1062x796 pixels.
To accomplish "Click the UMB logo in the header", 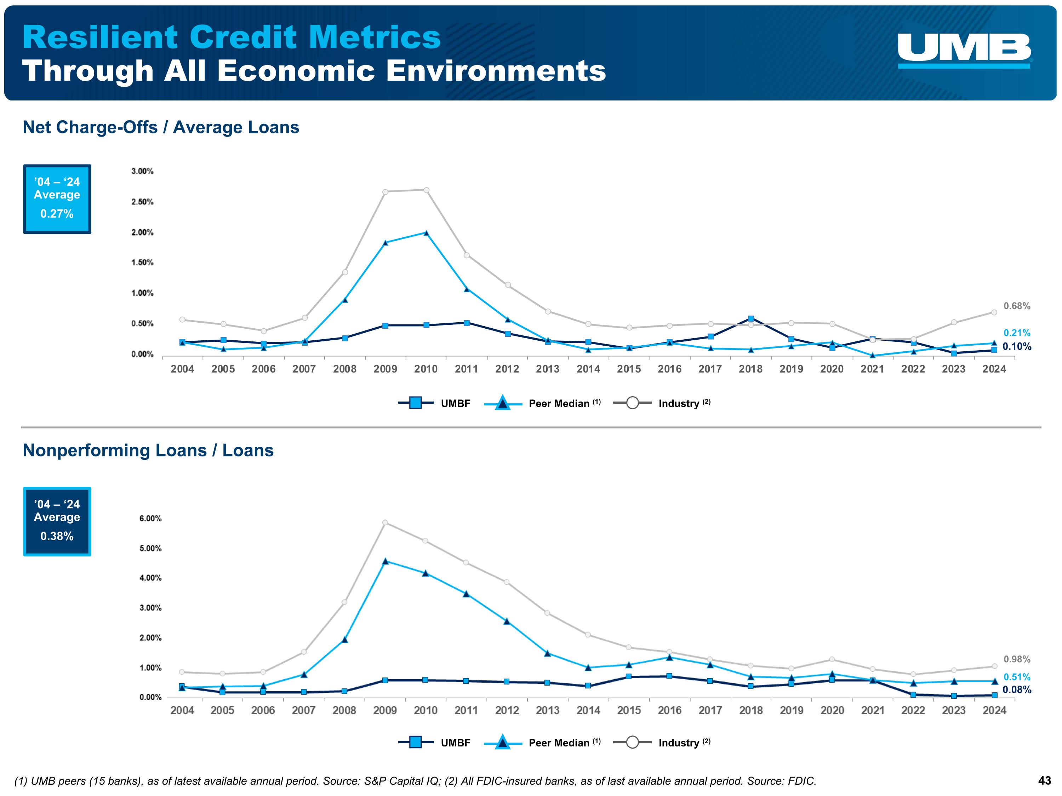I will [x=964, y=50].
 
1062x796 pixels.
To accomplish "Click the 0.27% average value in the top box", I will [x=57, y=214].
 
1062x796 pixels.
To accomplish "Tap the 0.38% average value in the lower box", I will [x=57, y=536].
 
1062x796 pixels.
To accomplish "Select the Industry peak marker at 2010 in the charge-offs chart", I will [x=426, y=190].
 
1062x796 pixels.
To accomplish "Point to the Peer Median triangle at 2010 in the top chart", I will [x=426, y=233].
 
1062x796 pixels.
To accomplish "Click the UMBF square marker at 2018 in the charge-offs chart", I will [x=751, y=319].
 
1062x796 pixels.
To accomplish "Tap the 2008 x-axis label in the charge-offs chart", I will [x=345, y=369].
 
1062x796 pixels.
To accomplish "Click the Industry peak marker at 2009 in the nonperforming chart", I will [x=385, y=523].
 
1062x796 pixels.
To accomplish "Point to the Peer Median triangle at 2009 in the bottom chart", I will [x=385, y=561].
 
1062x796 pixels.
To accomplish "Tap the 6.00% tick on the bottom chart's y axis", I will [x=150, y=519].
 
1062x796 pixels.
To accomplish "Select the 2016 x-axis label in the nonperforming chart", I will [x=669, y=711].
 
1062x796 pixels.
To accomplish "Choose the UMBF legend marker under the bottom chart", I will [x=416, y=743].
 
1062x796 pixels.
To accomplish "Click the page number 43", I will [x=1044, y=781].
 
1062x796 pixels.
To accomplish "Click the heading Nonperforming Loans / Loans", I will [x=148, y=451].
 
